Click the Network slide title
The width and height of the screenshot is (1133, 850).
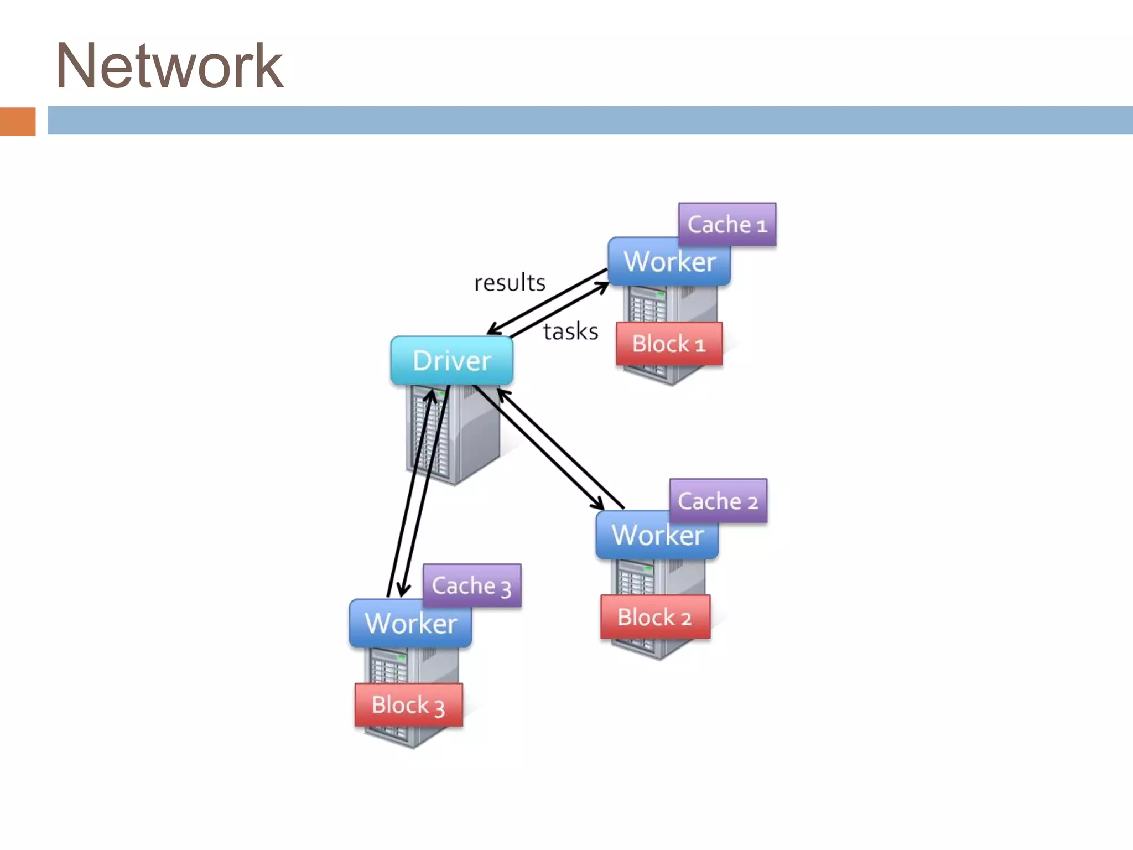169,66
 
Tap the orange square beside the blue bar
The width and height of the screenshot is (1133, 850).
18,121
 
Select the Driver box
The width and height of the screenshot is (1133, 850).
451,360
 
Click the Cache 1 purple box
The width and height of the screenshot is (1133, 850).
727,224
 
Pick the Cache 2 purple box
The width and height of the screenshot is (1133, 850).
718,501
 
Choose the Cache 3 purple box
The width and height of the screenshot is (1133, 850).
471,585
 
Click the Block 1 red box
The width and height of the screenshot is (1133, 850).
669,344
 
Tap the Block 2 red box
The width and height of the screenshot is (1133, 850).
655,617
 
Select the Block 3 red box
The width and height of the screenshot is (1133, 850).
408,705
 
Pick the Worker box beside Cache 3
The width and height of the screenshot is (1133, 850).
410,624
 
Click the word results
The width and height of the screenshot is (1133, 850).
510,283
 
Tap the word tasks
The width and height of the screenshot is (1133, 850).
570,331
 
